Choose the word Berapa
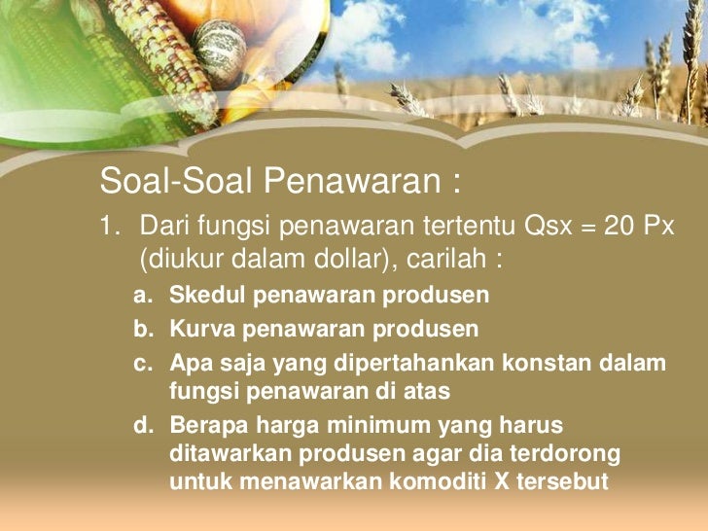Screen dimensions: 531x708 click(x=208, y=425)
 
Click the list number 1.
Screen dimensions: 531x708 click(x=108, y=229)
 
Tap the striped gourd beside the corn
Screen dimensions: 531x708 click(x=220, y=49)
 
